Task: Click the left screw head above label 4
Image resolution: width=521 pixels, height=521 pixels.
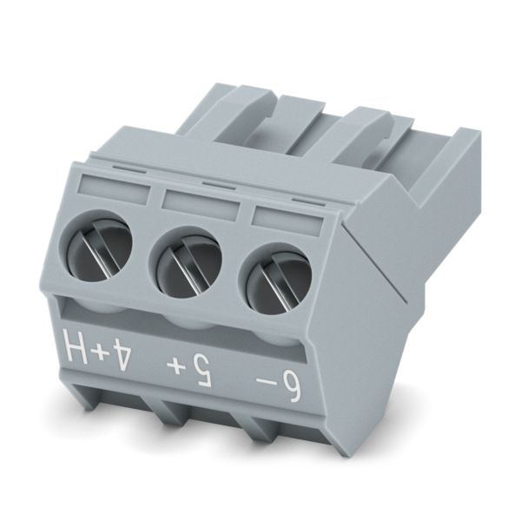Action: click(96, 246)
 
